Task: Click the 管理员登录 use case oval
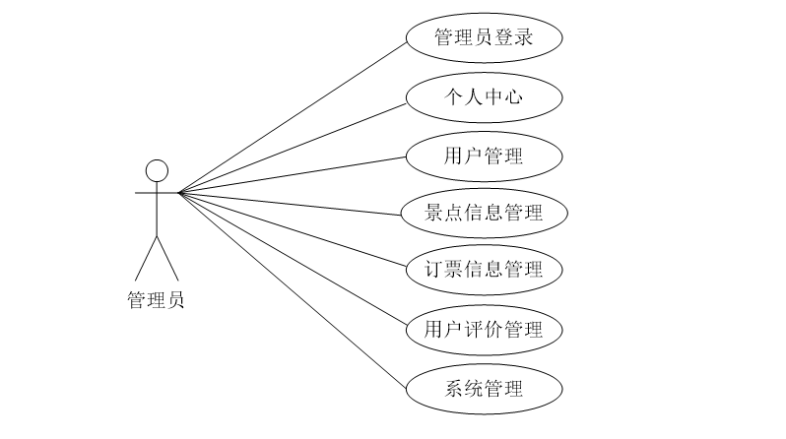click(x=484, y=38)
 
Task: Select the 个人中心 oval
click(x=484, y=96)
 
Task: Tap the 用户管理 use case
click(x=484, y=155)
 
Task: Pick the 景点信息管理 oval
click(x=484, y=213)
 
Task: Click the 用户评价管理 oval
click(x=484, y=328)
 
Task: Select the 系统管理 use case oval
click(x=484, y=387)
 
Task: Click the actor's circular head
click(x=157, y=170)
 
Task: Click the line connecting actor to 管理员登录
click(x=292, y=115)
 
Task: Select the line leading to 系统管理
click(x=292, y=289)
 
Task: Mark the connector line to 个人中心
click(x=292, y=145)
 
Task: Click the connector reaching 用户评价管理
click(x=292, y=260)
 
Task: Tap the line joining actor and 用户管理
click(x=292, y=173)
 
